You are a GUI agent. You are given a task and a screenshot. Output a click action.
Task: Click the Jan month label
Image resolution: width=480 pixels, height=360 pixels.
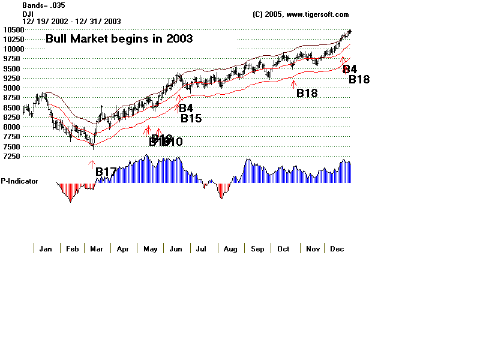[x=46, y=248]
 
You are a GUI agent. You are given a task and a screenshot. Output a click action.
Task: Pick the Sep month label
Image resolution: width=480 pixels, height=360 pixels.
[x=257, y=248]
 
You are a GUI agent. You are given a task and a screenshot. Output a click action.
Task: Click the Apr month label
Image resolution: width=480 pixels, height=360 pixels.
[x=122, y=248]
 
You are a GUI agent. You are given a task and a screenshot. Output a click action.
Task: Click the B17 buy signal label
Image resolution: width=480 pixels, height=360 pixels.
[x=106, y=172]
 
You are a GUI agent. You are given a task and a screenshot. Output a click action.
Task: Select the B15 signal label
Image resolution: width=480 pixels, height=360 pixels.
[x=191, y=118]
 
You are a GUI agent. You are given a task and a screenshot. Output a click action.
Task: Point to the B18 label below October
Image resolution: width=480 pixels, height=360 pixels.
[x=307, y=93]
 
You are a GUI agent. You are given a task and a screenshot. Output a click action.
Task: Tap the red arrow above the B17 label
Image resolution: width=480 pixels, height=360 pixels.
[x=92, y=163]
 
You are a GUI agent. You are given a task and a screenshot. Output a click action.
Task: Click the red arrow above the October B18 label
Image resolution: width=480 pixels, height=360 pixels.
[x=293, y=83]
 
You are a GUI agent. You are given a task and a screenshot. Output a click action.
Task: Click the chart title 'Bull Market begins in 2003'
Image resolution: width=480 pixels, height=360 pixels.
[x=119, y=39]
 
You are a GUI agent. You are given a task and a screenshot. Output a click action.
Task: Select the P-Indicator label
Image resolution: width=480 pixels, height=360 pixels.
[x=20, y=181]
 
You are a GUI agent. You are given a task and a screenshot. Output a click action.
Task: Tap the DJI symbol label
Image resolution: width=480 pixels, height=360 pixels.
[x=28, y=13]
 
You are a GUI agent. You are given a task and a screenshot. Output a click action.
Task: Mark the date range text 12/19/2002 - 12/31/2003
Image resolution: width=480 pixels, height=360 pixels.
[x=71, y=21]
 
